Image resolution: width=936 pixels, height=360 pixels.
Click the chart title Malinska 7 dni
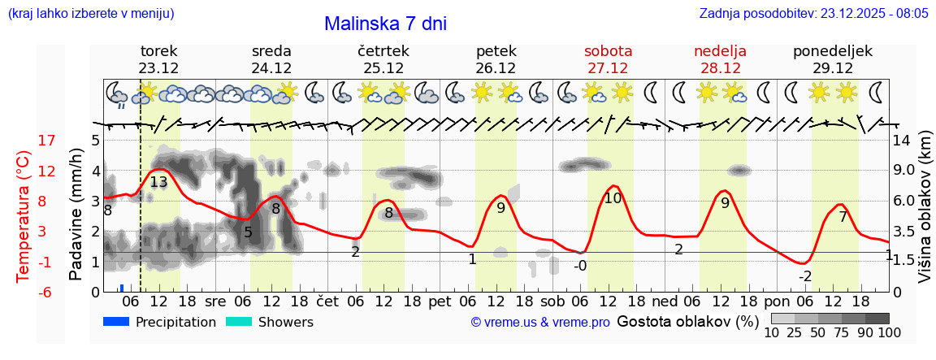click(385, 24)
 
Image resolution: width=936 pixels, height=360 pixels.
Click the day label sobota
click(608, 51)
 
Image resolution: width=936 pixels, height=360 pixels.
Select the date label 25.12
click(383, 68)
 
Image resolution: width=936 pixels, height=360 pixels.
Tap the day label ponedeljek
click(833, 51)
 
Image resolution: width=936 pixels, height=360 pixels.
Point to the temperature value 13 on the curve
click(158, 182)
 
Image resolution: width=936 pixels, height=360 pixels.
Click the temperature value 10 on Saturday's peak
click(613, 197)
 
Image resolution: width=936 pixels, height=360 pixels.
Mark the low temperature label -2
click(804, 276)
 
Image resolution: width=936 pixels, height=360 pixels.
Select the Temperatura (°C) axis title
click(23, 216)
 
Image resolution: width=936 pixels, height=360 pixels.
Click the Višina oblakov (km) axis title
click(925, 216)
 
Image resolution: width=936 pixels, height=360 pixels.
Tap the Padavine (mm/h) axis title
click(76, 215)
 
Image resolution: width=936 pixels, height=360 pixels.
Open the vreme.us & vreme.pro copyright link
click(540, 323)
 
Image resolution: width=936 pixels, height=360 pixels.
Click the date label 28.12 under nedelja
click(720, 68)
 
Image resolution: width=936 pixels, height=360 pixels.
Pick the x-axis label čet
click(327, 301)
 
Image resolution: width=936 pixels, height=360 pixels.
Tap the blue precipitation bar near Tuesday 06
click(122, 288)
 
